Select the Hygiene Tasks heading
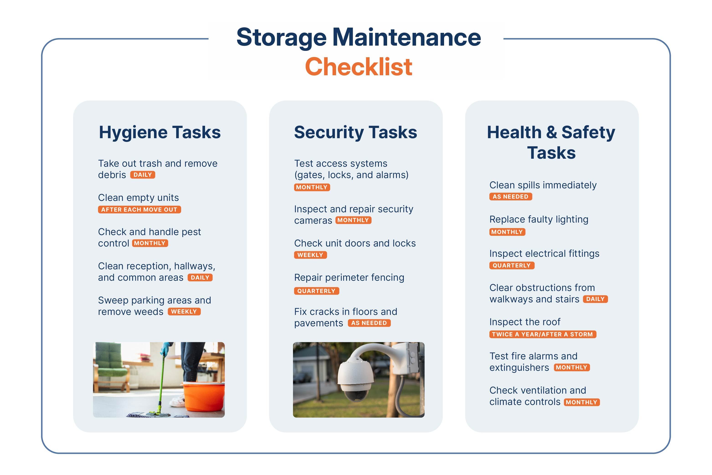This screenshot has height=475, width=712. pos(160,133)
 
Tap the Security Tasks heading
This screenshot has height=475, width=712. pos(356,133)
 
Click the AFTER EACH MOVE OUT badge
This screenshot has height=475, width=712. pos(139,210)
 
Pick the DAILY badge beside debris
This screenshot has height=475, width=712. pos(143,175)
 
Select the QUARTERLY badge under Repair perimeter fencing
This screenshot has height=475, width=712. pos(316,291)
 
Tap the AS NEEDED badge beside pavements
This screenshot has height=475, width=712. pos(369,323)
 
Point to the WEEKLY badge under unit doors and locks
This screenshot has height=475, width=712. pos(311,255)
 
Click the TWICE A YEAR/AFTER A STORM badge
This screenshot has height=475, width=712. pos(542,334)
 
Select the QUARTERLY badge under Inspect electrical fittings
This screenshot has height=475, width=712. pos(512,265)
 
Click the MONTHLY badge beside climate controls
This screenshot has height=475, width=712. pos(582,402)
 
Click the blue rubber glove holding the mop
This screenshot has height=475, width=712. pos(165,349)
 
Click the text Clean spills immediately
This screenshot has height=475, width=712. pos(543,185)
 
